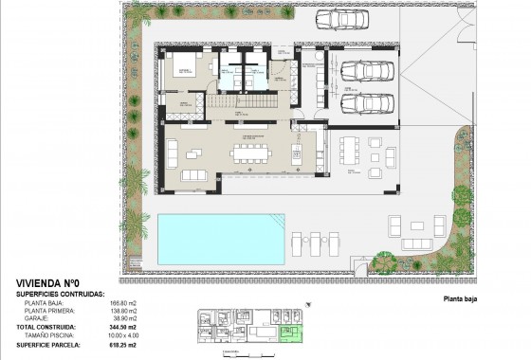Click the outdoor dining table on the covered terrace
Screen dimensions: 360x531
pos(353,149)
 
